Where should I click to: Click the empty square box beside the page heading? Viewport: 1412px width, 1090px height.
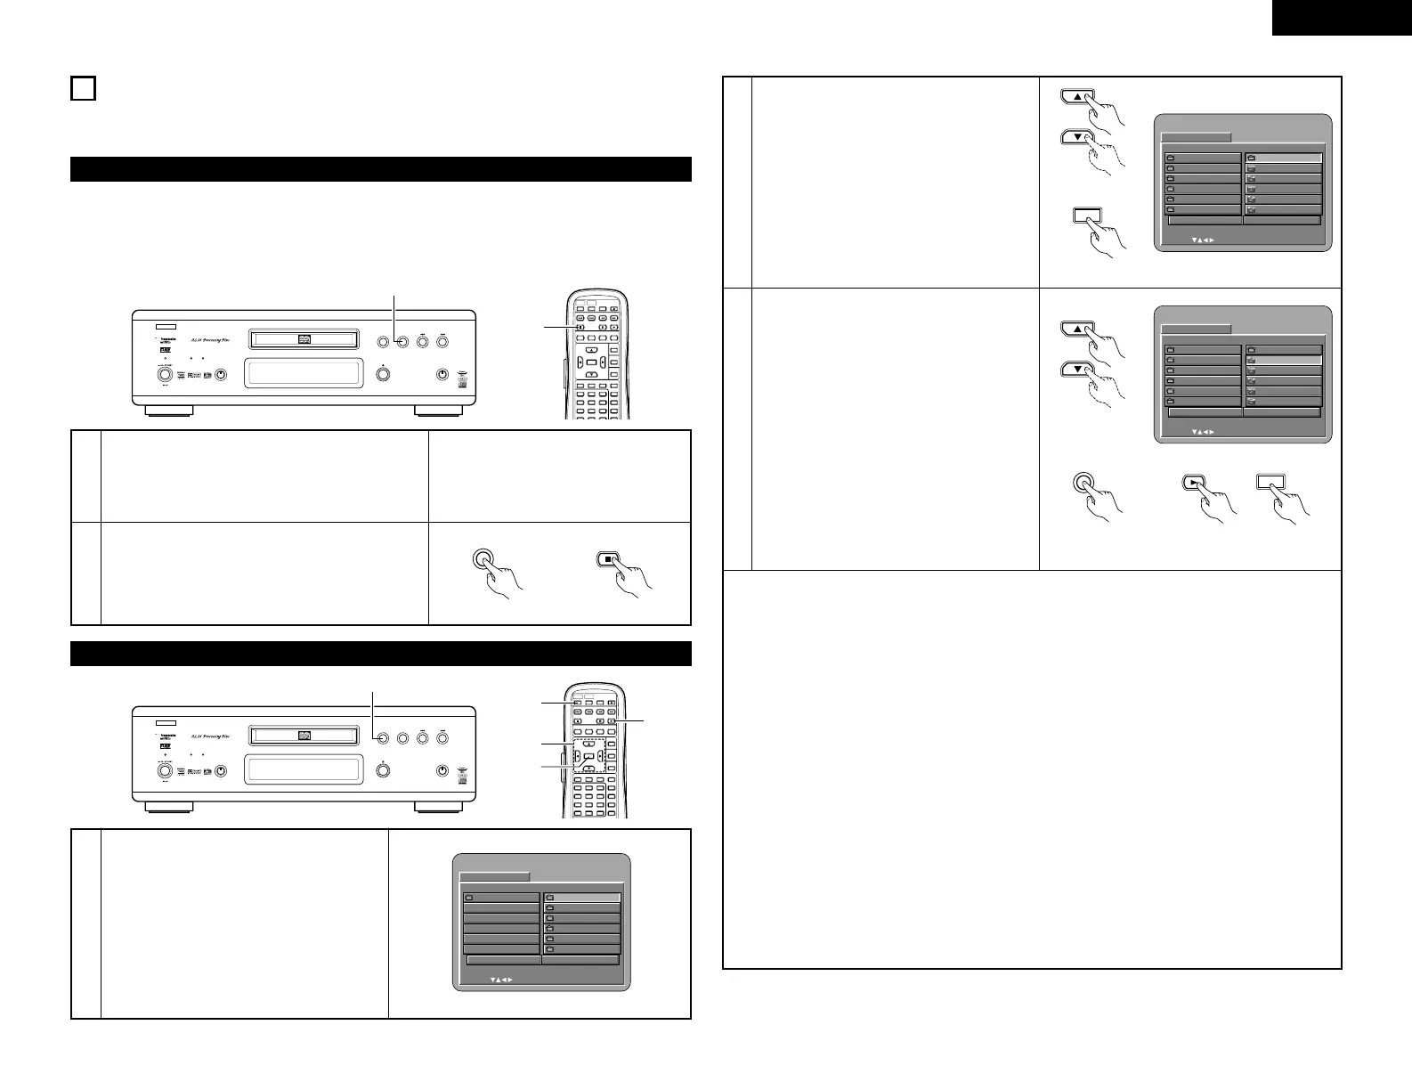[83, 88]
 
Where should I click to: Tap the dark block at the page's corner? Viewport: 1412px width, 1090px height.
[1341, 18]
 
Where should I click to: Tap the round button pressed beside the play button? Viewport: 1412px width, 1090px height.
[1083, 483]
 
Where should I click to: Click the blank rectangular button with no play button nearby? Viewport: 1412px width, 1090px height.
[1087, 215]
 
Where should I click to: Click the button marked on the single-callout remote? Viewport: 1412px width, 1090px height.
[580, 327]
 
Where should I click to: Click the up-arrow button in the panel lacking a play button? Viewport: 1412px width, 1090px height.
[1078, 98]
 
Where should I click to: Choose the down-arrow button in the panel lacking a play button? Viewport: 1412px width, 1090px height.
[1078, 137]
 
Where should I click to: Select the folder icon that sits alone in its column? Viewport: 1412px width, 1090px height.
[469, 898]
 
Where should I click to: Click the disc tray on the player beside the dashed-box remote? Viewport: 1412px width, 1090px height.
[303, 738]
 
